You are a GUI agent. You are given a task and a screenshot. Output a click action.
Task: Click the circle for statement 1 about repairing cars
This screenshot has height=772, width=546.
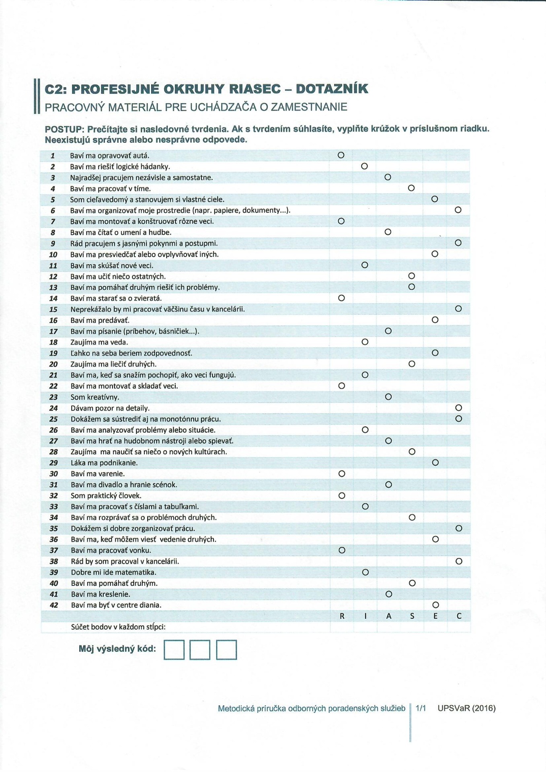point(341,155)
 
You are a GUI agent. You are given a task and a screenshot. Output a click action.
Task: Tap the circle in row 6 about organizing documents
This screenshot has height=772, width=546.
point(458,210)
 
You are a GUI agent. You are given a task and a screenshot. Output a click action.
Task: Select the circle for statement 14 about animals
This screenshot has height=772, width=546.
point(341,298)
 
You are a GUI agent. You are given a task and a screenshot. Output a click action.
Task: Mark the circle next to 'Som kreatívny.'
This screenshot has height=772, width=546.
point(388,397)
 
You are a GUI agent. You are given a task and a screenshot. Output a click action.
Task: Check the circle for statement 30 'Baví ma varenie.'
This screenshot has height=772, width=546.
point(342,474)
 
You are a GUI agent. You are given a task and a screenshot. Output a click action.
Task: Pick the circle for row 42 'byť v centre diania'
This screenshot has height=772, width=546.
point(435,605)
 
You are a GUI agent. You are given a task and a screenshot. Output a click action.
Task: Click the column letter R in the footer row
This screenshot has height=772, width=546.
point(342,616)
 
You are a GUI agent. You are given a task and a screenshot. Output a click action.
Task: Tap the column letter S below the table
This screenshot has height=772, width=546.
point(412,616)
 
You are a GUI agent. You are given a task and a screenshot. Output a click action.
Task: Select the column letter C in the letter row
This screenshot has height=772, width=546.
point(459,616)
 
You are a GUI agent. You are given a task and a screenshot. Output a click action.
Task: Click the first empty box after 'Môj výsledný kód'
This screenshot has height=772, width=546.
point(174,650)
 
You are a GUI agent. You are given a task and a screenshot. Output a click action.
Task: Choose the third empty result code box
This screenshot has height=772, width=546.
point(226,650)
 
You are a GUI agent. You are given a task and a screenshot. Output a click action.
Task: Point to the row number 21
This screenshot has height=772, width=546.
point(53,375)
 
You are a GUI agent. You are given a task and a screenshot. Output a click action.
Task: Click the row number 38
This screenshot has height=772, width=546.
point(54,562)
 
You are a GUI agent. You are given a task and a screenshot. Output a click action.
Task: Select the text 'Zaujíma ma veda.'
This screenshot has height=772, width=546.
point(99,342)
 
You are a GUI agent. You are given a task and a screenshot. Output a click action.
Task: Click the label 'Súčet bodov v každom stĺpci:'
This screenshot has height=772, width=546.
point(118,627)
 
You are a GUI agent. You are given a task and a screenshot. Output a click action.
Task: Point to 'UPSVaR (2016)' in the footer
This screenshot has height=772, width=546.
point(466,708)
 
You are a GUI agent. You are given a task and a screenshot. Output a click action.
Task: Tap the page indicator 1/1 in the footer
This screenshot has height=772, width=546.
point(421,708)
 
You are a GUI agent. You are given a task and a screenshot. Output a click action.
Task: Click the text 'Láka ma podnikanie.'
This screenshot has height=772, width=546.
point(104,463)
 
